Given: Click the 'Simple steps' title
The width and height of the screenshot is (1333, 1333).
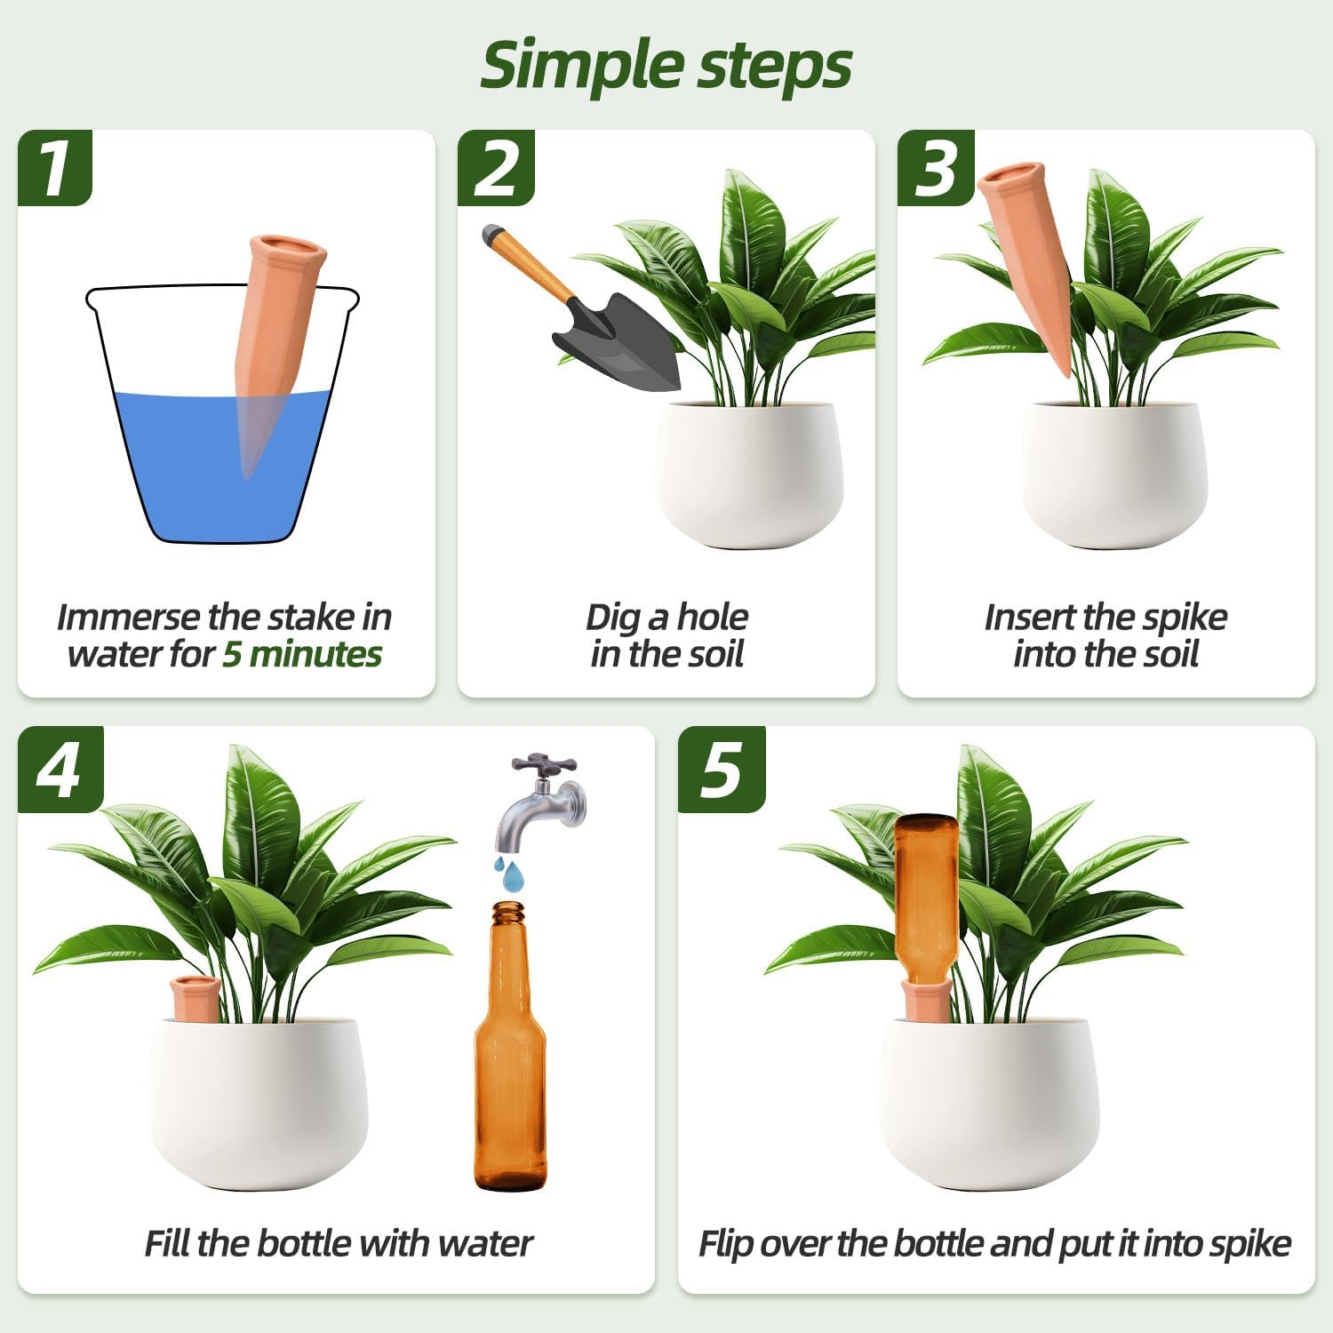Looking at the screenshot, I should point(666,65).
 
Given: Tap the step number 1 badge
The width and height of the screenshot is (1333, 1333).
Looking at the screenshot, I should point(55,168).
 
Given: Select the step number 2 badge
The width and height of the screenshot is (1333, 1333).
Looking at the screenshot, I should point(495,168).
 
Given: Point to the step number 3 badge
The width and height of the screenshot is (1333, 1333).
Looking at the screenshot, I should point(935,168).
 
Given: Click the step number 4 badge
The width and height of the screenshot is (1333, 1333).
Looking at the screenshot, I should point(60,769).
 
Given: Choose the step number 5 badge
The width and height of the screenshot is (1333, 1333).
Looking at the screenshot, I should point(721,769).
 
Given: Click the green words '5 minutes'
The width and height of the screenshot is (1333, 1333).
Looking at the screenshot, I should point(302,654).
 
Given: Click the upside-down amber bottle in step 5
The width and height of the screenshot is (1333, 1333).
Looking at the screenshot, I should point(926,898).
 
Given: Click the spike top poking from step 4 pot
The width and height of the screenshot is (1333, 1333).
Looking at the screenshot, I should point(195,995).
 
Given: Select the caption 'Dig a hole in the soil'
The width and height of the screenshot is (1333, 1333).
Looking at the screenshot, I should point(666,635).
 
